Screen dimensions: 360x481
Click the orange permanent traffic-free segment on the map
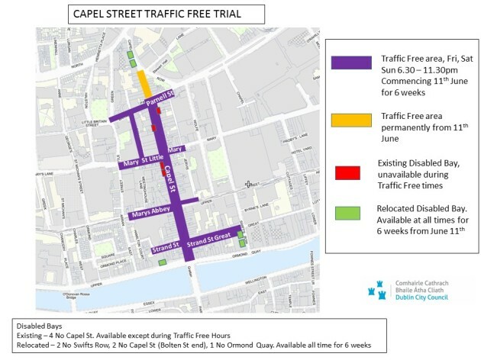(143, 83)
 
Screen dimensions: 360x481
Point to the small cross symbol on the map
(248, 184)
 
